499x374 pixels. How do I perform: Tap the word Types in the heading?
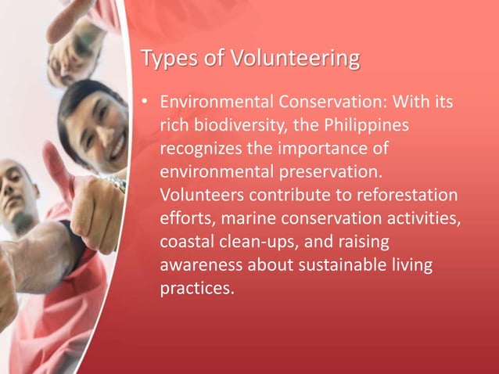point(166,59)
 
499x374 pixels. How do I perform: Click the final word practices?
point(196,289)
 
